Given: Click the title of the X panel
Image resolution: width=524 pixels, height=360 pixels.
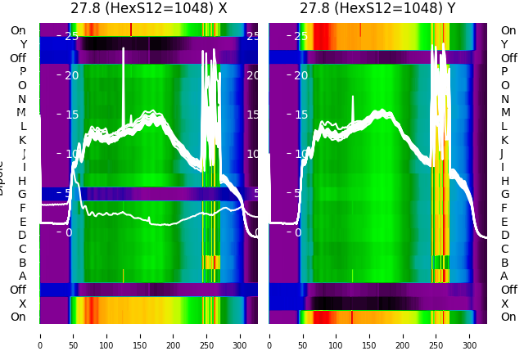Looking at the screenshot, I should (149, 9).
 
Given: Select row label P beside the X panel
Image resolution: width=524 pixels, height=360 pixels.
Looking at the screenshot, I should (22, 71).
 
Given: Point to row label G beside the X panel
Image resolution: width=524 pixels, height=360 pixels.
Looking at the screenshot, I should (22, 194).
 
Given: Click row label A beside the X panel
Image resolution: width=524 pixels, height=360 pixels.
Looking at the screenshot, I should (22, 276).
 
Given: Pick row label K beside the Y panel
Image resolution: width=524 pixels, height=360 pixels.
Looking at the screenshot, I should (504, 140).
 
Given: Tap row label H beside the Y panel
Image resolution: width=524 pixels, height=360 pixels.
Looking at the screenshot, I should (504, 181).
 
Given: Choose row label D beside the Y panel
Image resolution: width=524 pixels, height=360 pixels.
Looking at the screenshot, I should (504, 235).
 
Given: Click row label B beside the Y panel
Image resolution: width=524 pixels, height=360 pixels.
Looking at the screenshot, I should (504, 263).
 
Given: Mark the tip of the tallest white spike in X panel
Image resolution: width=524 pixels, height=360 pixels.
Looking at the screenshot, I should (123, 48).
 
